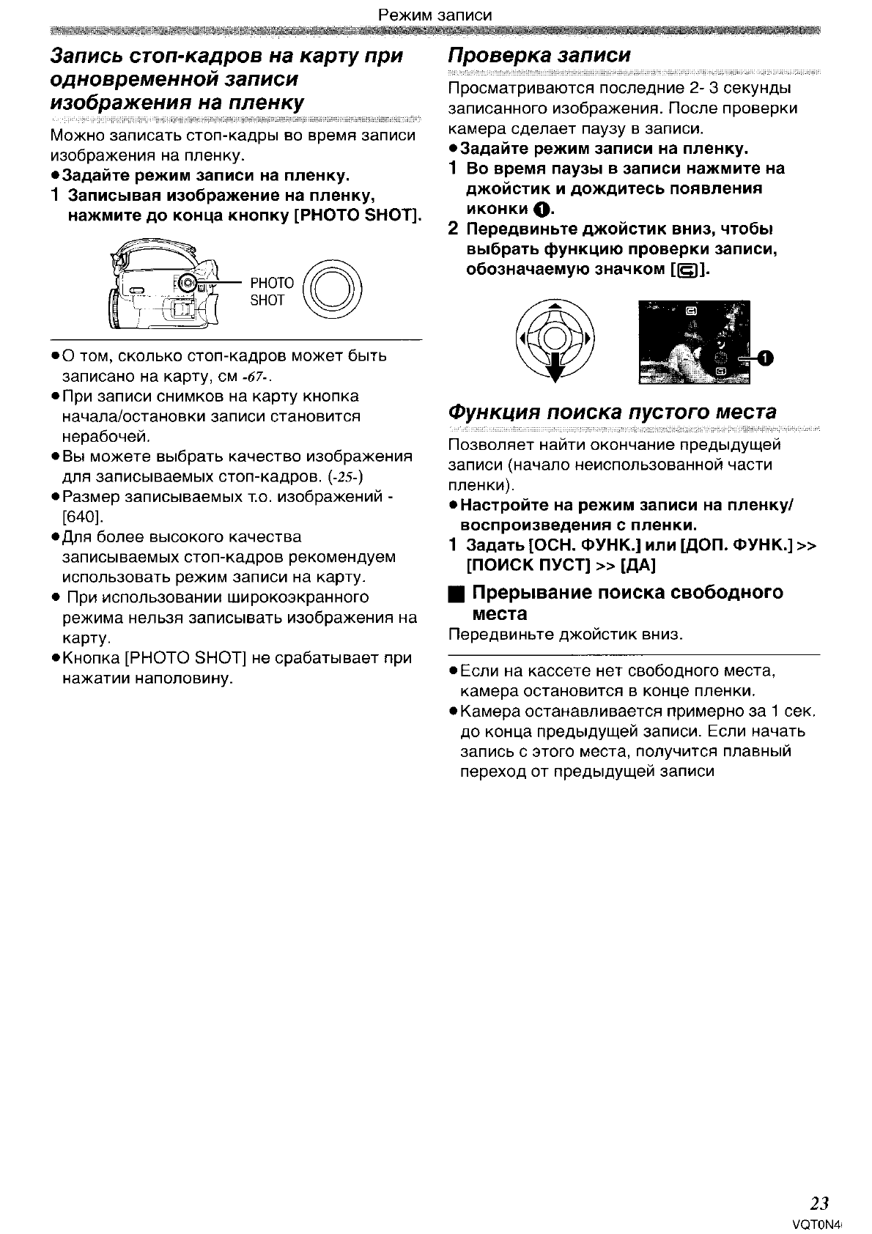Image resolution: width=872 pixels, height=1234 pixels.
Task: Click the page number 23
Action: point(819,1203)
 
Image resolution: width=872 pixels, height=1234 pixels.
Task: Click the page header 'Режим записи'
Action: point(435,15)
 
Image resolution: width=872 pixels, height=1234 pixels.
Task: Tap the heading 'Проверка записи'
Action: point(539,56)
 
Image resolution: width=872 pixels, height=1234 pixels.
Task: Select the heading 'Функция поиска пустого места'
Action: point(612,412)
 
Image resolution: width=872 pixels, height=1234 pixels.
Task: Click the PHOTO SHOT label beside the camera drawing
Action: point(271,292)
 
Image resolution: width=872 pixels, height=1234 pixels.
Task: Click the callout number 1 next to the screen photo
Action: point(764,358)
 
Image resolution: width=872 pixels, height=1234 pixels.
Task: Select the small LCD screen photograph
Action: point(693,341)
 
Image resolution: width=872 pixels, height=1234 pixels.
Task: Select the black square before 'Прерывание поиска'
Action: point(456,593)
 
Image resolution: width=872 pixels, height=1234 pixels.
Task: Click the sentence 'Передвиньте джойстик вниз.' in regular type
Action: point(565,634)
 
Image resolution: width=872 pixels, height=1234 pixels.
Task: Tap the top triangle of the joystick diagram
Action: point(555,306)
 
